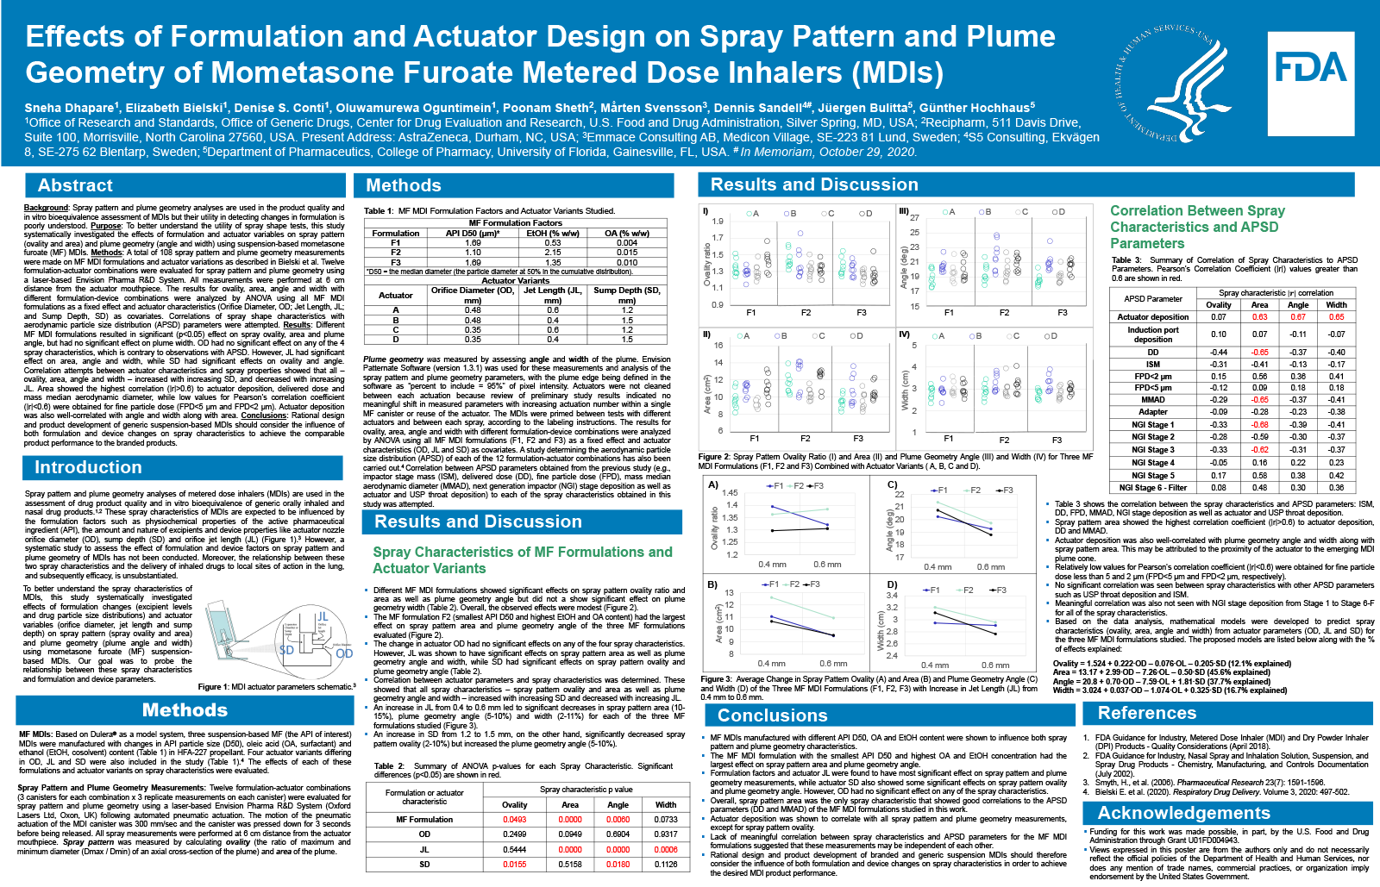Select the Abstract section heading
coord(75,185)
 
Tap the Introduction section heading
coord(88,467)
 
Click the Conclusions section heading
coord(772,715)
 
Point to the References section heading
coord(1146,713)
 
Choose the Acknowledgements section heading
coord(1183,813)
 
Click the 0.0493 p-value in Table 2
coord(515,820)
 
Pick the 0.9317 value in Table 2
coord(666,834)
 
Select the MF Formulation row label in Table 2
coord(424,820)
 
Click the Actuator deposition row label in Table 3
coord(1152,317)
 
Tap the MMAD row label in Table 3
coord(1152,399)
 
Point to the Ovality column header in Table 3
coord(1218,304)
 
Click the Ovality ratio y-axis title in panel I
coord(708,262)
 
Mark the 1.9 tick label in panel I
coord(718,222)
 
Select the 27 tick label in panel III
coord(915,217)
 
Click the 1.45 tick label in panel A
coord(730,492)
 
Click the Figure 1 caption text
coord(276,687)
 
